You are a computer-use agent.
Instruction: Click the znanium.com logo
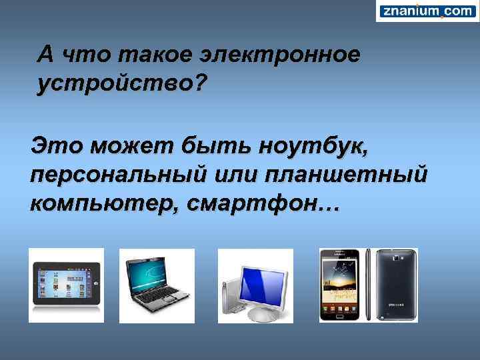point(427,11)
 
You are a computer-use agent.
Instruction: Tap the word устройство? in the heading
point(122,85)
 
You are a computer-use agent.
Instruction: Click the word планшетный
point(345,175)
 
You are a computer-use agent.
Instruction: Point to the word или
point(233,175)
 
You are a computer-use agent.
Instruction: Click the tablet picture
point(66,285)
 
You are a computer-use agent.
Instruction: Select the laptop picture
point(157,285)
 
